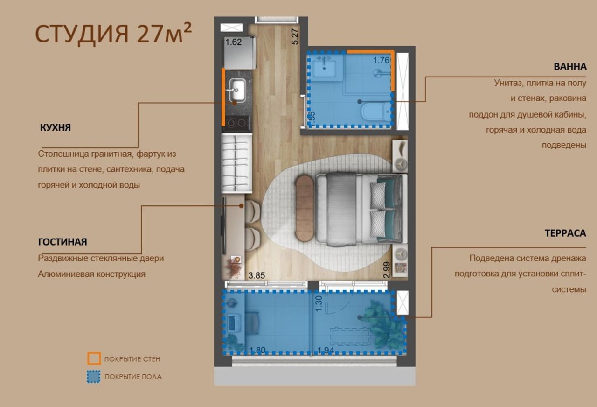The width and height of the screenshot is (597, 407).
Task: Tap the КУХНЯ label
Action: point(56,127)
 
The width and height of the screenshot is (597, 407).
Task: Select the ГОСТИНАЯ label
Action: point(62,242)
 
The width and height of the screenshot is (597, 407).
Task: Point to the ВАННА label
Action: point(570,67)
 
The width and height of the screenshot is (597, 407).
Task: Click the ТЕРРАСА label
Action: point(565,233)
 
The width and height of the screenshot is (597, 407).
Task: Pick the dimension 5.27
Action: point(295,36)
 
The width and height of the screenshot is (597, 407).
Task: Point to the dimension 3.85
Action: point(257,275)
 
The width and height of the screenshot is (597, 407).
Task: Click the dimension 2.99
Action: point(386,270)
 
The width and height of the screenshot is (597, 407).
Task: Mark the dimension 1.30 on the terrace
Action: point(319,304)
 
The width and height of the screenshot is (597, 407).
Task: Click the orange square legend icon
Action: point(94,358)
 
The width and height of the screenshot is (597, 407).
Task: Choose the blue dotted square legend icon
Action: point(94,376)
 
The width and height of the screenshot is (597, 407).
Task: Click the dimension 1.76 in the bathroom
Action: point(381,60)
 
